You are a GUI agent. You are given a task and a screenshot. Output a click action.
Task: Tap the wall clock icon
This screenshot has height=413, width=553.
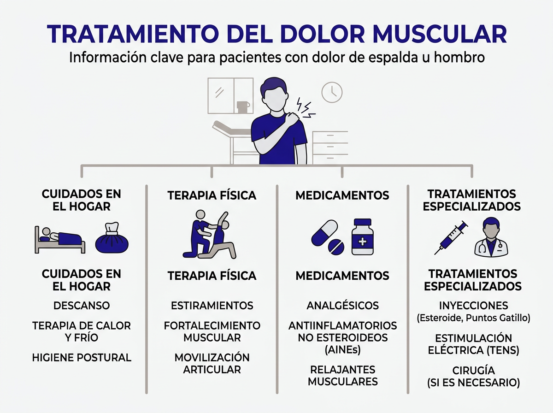tap(332, 92)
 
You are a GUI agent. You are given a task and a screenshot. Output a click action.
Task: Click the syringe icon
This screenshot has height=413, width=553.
tap(451, 237)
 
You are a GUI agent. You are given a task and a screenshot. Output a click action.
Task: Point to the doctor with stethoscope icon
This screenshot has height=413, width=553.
tap(491, 238)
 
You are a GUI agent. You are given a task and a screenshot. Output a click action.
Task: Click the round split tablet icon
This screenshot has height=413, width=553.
tap(336, 247)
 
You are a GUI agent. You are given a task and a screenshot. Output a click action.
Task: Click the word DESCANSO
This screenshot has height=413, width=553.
tap(82, 306)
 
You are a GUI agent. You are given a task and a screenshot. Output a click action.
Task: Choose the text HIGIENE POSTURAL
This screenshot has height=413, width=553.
tap(82, 357)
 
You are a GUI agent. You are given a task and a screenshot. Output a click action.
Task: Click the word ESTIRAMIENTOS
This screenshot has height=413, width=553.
tap(212, 306)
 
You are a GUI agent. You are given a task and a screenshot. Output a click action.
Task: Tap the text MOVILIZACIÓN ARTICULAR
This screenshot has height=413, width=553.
tap(212, 363)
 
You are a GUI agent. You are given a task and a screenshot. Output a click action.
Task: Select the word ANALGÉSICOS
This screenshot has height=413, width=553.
tap(342, 306)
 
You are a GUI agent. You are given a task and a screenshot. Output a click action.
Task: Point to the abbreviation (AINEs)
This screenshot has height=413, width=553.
tap(342, 350)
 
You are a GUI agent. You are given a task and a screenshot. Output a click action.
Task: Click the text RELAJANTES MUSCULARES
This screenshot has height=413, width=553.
tap(342, 376)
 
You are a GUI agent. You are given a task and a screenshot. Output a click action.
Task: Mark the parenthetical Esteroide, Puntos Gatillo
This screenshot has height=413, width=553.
tap(473, 318)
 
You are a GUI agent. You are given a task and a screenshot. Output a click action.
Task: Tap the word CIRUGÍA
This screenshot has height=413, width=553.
tap(473, 370)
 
